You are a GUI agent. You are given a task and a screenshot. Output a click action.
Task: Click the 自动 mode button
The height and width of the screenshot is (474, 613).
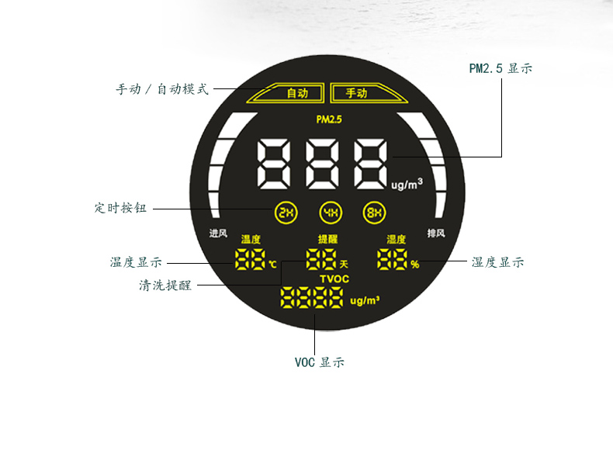pos(297,93)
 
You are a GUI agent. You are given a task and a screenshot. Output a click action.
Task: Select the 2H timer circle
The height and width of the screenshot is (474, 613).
pos(286,212)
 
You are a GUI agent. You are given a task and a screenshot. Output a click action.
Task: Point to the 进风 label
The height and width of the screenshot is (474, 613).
pos(218,234)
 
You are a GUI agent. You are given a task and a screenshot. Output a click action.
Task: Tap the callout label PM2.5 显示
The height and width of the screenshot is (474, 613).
pos(500,68)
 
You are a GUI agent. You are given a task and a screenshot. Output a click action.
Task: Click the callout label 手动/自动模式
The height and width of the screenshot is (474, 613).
pos(162,89)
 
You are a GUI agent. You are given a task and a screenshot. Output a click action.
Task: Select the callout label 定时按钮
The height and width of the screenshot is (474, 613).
pos(120,208)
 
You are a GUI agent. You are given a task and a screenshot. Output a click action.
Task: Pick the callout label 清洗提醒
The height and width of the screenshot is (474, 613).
pos(165,285)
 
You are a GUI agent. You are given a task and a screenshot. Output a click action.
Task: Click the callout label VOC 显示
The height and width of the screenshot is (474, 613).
pos(319,362)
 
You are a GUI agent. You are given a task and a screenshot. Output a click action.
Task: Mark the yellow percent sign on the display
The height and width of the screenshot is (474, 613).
pos(415,265)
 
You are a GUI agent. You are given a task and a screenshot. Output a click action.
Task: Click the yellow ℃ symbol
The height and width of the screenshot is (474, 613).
pos(272,265)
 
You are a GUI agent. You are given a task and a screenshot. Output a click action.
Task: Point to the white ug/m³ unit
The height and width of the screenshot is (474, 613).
pos(407,185)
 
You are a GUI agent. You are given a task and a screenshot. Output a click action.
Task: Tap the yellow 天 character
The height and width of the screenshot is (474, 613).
pos(344,265)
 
